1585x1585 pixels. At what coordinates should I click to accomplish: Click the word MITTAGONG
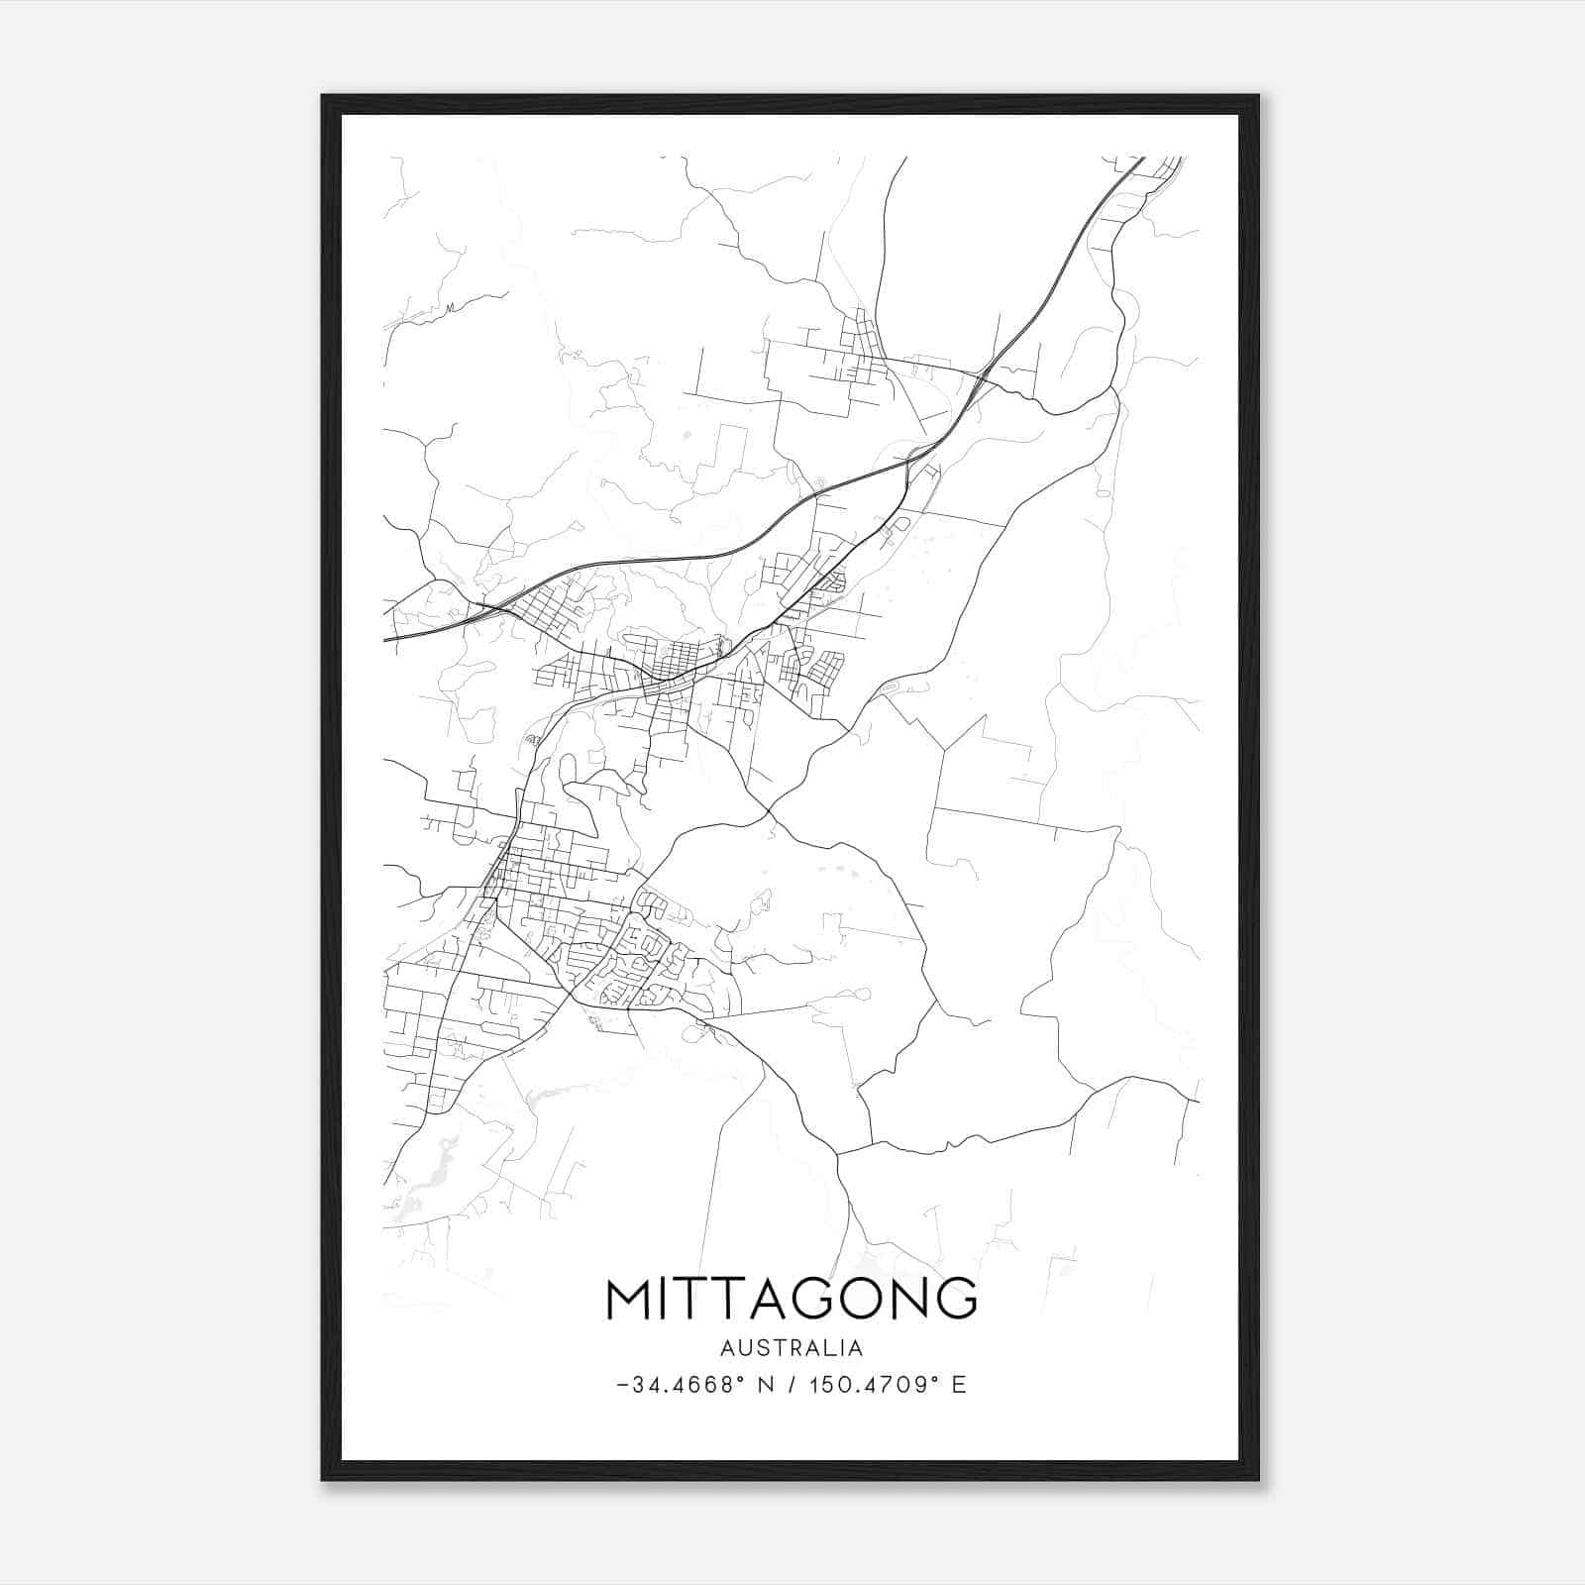[x=791, y=1299]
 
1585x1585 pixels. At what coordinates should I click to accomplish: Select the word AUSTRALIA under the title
[x=791, y=1348]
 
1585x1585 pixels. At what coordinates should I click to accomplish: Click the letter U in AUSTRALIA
[x=746, y=1348]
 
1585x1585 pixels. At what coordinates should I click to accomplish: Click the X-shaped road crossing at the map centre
[x=769, y=814]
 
